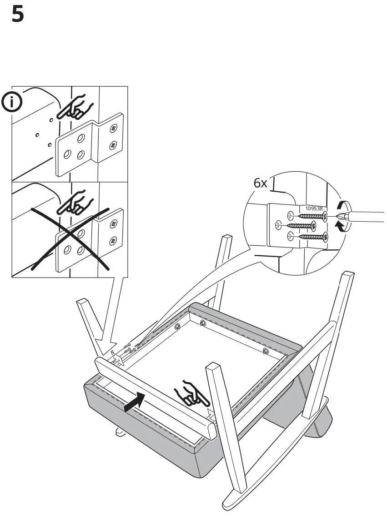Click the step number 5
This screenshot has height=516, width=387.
(x=17, y=15)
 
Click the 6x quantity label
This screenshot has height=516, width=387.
(x=261, y=184)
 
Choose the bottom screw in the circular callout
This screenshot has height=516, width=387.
(x=310, y=236)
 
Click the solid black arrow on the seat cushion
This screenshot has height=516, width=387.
(x=136, y=402)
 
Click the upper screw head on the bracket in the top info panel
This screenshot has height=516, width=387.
(x=112, y=129)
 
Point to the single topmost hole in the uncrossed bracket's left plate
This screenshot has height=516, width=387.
(x=80, y=138)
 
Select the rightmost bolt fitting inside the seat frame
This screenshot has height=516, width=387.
(x=266, y=351)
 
